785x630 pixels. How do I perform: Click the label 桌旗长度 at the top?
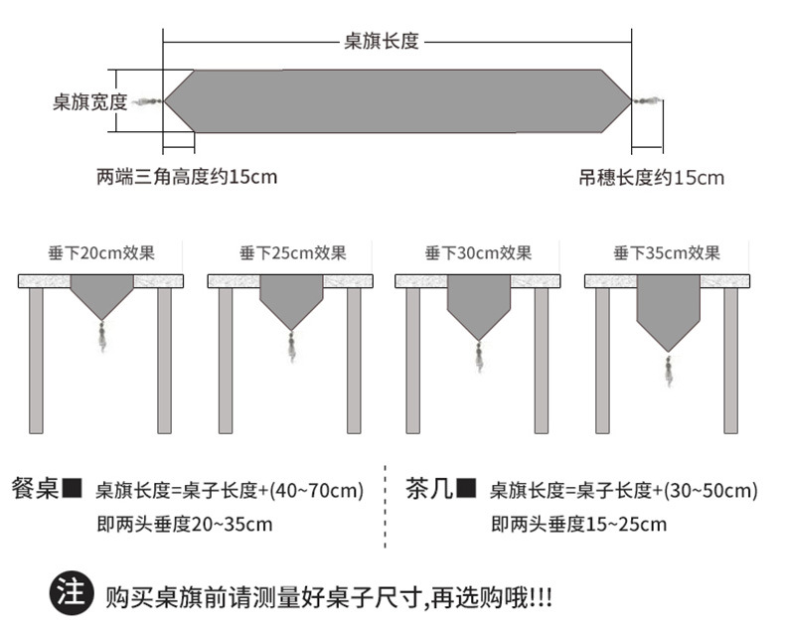(382, 42)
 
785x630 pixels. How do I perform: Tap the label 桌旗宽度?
(89, 101)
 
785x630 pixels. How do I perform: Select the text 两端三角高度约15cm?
(187, 178)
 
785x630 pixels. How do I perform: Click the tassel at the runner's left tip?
(148, 101)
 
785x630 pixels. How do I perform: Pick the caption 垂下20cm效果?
(101, 253)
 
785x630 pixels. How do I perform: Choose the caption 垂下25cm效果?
(292, 253)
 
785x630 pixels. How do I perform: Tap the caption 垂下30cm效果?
(478, 253)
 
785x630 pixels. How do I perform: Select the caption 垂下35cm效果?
(667, 253)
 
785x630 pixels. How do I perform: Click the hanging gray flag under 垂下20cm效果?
(101, 295)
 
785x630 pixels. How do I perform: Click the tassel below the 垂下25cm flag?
(292, 345)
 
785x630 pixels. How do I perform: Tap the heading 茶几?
(429, 489)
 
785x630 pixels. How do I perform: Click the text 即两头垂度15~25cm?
(577, 524)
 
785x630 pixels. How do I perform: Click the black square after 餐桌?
(73, 489)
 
